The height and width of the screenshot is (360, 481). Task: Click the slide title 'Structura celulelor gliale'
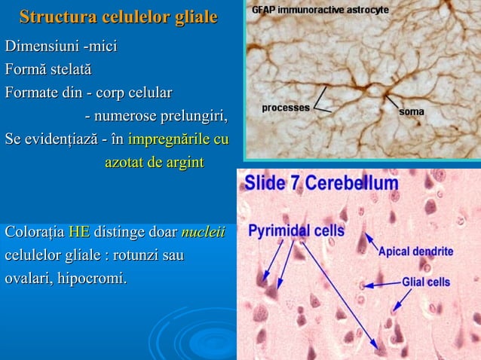118,17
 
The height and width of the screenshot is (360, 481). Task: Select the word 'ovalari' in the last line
29,279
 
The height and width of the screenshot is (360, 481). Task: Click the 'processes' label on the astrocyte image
286,108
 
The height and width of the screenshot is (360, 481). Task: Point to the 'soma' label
411,112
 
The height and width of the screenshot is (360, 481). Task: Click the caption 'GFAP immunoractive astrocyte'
320,10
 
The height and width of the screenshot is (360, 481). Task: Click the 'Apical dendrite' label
415,251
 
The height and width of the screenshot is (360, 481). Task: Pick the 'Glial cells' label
425,282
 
